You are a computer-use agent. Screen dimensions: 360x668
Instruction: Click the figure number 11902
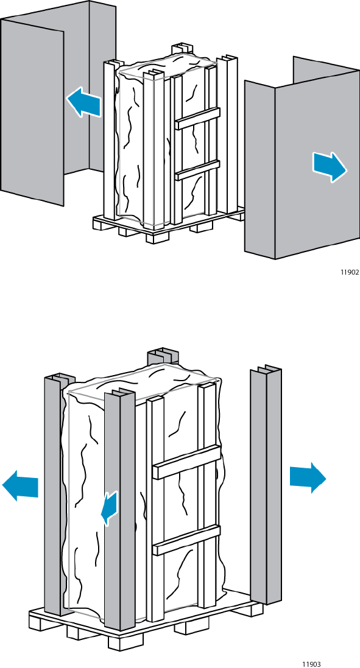tap(350, 273)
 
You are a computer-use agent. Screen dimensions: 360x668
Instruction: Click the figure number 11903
tap(311, 664)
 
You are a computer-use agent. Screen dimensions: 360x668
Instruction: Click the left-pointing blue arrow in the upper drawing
tap(84, 102)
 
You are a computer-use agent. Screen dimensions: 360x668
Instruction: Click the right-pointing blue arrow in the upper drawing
tap(330, 167)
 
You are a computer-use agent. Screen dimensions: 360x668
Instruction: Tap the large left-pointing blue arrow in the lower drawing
tap(20, 485)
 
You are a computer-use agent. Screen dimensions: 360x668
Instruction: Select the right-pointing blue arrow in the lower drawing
tap(308, 477)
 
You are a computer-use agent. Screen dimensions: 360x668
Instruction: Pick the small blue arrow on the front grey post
tap(110, 507)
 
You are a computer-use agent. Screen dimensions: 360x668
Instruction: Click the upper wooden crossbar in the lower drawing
tap(186, 462)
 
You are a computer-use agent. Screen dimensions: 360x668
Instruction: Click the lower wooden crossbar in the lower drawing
tap(186, 540)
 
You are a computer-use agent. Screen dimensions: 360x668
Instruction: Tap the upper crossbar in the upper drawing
tap(198, 118)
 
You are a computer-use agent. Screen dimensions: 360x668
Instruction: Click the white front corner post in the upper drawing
tap(154, 150)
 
